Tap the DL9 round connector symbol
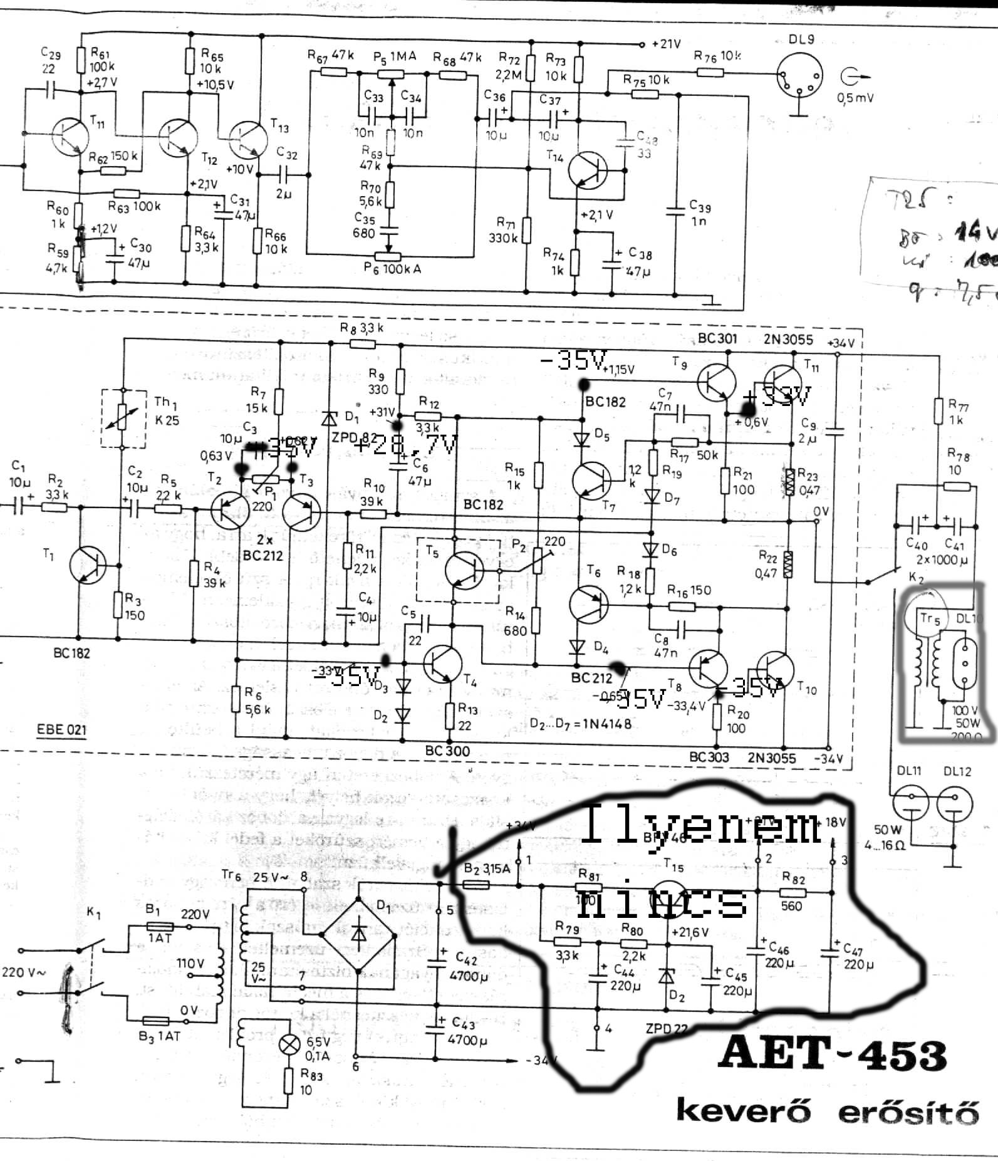[799, 78]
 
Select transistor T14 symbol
[588, 170]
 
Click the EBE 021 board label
[61, 729]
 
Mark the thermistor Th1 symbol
[123, 418]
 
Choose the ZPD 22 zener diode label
[667, 1028]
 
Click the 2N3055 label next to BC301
[788, 340]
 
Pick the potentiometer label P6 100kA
[393, 268]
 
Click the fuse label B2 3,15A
[487, 868]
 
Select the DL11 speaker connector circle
[910, 803]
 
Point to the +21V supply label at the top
[666, 44]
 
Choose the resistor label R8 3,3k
[361, 328]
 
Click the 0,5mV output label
[855, 97]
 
